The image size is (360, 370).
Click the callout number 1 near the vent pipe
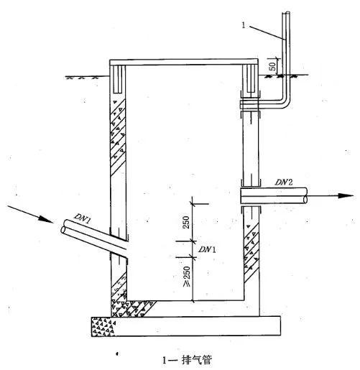point(244,25)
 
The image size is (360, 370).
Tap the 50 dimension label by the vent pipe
point(272,66)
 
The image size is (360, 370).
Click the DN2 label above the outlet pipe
point(284,182)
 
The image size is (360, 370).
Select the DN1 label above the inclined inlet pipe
point(83,218)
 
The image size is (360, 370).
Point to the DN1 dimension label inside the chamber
point(207,249)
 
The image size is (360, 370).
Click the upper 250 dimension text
point(186,222)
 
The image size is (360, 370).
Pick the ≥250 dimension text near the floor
point(187,276)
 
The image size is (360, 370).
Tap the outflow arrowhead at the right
point(346,195)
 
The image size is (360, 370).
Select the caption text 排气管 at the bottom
point(197,360)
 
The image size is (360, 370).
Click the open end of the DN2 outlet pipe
point(305,195)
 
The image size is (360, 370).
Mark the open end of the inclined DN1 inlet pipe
point(64,227)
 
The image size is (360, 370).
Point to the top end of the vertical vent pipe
point(286,14)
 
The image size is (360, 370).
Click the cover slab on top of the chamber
point(184,63)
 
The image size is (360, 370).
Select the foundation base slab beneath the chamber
point(186,326)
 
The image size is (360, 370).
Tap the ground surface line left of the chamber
point(87,77)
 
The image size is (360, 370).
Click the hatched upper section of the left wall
point(118,136)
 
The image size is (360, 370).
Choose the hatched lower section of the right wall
point(251,251)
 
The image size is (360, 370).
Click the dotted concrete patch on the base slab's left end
point(103,326)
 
